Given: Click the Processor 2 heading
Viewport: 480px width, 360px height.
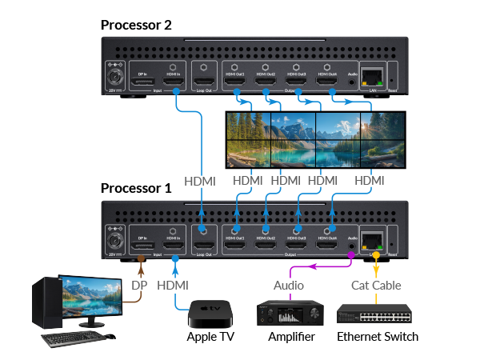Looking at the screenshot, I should pyautogui.click(x=136, y=24).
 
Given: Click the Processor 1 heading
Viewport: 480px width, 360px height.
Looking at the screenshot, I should pyautogui.click(x=136, y=189).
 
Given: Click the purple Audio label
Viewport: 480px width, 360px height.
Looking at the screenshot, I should pyautogui.click(x=289, y=285).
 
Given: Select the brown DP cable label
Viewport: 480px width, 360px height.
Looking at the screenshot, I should pyautogui.click(x=140, y=285).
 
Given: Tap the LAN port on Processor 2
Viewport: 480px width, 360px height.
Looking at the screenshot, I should pyautogui.click(x=372, y=78).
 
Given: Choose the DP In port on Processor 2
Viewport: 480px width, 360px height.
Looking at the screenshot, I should pyautogui.click(x=143, y=79).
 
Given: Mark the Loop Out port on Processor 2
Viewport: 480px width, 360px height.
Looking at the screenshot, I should pyautogui.click(x=205, y=80).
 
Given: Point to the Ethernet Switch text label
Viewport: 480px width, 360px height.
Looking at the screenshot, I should pyautogui.click(x=377, y=337).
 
